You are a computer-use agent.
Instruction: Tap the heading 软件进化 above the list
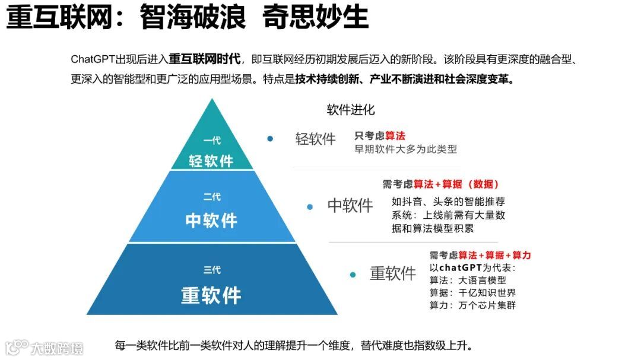(351, 110)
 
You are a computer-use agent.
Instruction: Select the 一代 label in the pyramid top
(212, 141)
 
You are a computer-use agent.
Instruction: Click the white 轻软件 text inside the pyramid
(211, 161)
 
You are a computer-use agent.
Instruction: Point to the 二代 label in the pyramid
(212, 197)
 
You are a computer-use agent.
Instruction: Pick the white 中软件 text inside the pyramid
(211, 221)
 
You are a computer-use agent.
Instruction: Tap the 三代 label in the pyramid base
(212, 270)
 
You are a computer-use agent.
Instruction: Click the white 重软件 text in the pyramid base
(211, 295)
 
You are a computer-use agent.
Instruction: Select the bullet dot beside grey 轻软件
(270, 139)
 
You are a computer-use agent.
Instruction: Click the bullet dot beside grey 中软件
(310, 207)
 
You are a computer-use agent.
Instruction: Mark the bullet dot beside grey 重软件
(353, 275)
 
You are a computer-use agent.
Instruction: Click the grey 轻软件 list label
(316, 139)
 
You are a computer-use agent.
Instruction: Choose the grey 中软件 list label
(350, 206)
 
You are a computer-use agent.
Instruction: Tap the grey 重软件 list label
(393, 273)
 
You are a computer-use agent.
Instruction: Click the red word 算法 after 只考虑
(395, 136)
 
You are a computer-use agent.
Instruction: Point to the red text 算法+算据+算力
(495, 255)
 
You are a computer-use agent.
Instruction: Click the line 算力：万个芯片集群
(472, 305)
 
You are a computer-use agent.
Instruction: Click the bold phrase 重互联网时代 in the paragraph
(205, 59)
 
